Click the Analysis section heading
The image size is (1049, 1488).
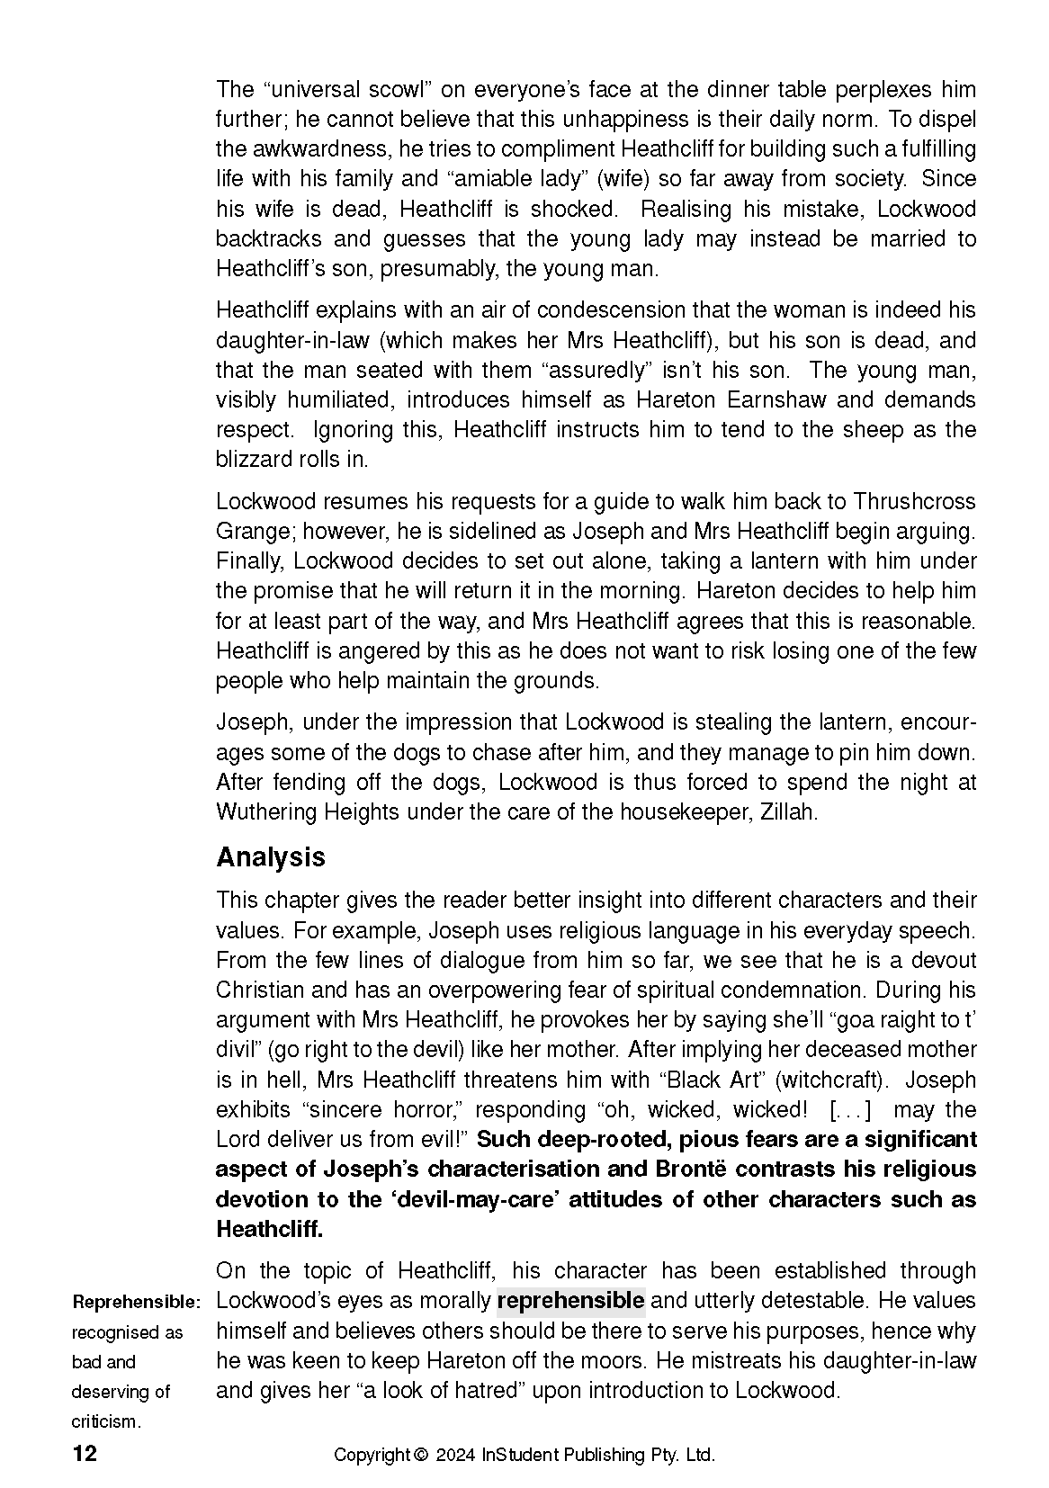[x=270, y=856]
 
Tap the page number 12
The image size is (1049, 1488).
[x=84, y=1454]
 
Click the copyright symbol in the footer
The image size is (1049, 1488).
[x=420, y=1455]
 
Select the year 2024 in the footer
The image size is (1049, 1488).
[x=455, y=1455]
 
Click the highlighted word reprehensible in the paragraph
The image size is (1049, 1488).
[x=570, y=1301]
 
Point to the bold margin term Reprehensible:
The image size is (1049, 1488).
[x=137, y=1302]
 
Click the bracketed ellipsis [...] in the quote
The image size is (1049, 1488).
[x=849, y=1110]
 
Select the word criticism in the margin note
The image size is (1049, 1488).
[x=105, y=1422]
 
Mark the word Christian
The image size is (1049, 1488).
[x=259, y=991]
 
